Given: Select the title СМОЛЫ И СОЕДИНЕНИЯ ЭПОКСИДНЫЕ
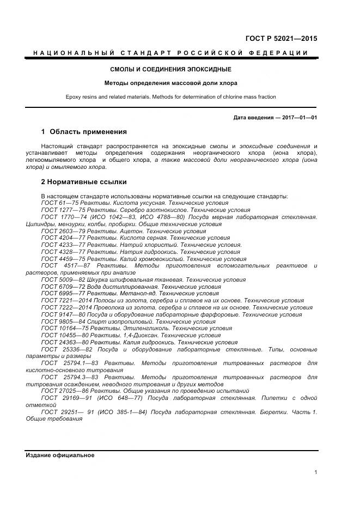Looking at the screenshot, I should tap(171, 70).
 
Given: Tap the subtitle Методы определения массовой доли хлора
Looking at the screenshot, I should tap(171, 83).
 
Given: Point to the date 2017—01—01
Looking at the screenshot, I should tap(300, 117).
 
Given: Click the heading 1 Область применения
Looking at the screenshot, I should tap(84, 132).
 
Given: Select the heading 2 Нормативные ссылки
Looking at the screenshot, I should tap(84, 182).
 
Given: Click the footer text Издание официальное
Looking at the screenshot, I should tap(60, 455).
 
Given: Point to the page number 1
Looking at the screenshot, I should tap(316, 472).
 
